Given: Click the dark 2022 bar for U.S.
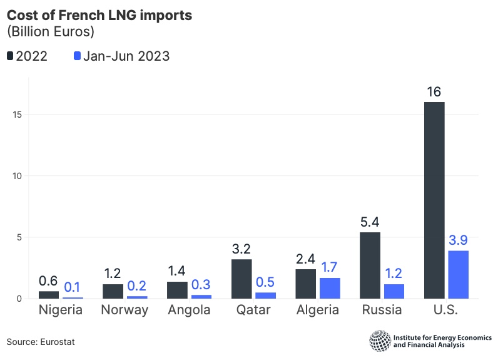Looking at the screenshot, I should click(x=434, y=200).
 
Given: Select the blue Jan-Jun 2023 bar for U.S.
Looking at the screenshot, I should click(x=459, y=274).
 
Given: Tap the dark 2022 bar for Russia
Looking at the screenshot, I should click(x=370, y=265).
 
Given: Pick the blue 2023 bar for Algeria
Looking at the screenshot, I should click(x=330, y=288).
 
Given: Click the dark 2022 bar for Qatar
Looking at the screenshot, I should click(x=241, y=279).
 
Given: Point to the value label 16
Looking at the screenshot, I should click(x=434, y=93).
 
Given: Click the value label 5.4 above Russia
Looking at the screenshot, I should click(x=370, y=223).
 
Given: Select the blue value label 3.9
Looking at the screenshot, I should click(x=459, y=241).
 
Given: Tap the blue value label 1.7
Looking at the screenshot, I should click(x=330, y=268).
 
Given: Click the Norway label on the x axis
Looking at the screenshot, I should click(x=125, y=311).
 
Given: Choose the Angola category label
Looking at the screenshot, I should click(x=190, y=311).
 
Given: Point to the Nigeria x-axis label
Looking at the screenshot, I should click(x=61, y=311).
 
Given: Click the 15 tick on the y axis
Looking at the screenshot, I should click(x=17, y=114).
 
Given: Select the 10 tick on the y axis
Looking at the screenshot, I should click(x=17, y=175).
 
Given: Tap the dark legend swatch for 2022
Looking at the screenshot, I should click(x=11, y=56).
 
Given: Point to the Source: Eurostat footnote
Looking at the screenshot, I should click(x=36, y=341).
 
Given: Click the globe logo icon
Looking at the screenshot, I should click(x=379, y=341).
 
